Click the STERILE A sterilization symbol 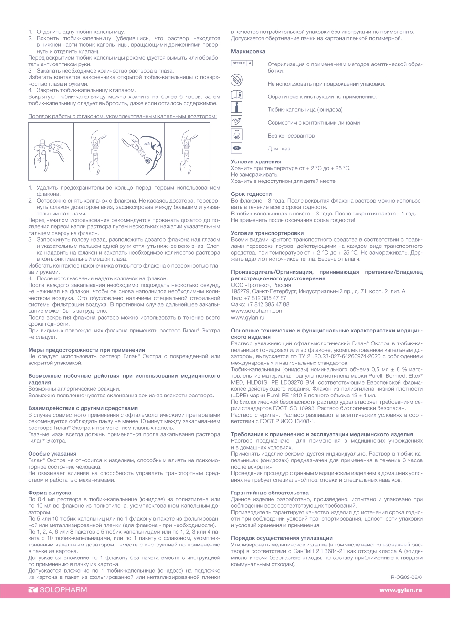[x=242, y=63]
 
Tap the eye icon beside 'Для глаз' [x=237, y=148]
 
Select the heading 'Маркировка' [x=248, y=51]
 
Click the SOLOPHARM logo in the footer [x=58, y=590]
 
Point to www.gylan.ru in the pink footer [x=400, y=590]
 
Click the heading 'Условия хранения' [x=256, y=162]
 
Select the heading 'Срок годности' [x=251, y=194]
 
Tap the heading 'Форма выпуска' [x=50, y=493]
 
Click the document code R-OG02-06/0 [x=406, y=577]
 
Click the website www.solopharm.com [x=257, y=310]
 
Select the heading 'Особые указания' [x=52, y=454]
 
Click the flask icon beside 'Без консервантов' [x=237, y=135]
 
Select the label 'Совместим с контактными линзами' [x=314, y=123]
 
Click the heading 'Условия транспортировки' [x=267, y=233]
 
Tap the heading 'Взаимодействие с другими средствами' [x=83, y=408]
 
